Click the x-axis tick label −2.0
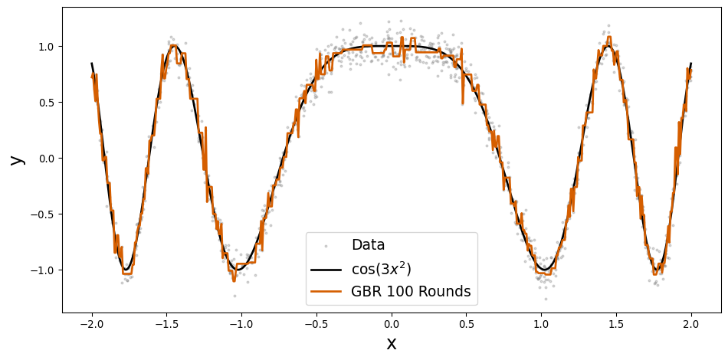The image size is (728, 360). [91, 325]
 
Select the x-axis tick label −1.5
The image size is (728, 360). [166, 325]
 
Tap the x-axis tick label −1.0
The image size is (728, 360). [241, 325]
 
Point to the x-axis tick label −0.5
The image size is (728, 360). [316, 325]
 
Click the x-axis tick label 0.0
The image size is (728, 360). [391, 325]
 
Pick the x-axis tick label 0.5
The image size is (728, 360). [466, 325]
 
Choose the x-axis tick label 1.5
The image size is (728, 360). [616, 325]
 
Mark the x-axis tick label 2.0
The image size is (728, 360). [691, 325]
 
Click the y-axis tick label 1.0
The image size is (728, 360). [47, 47]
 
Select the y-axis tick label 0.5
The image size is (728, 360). [47, 103]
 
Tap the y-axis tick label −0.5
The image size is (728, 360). [43, 214]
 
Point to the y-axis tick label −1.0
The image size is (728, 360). [43, 270]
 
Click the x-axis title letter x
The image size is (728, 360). [391, 344]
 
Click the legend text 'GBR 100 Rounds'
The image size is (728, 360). [411, 292]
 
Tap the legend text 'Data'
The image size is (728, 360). [368, 245]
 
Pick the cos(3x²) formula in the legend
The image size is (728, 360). [381, 269]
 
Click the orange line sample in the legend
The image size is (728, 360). [326, 293]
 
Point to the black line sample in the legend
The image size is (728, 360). [326, 270]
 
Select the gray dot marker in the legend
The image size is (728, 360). [326, 246]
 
